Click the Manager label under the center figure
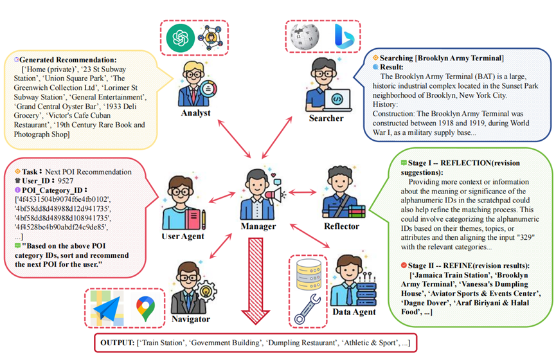click(258, 226)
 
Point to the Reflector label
click(341, 226)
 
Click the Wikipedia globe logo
click(305, 38)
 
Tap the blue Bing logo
click(341, 37)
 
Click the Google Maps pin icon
click(145, 309)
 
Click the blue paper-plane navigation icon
click(105, 309)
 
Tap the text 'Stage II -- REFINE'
click(437, 265)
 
